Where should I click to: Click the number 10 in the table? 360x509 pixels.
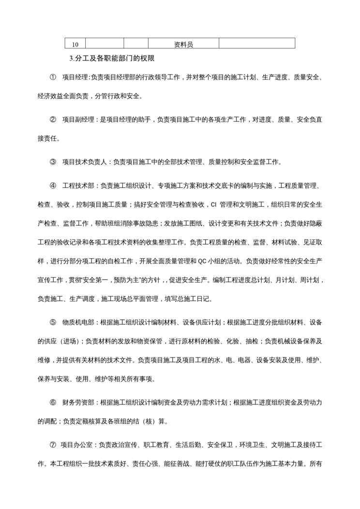tap(75, 45)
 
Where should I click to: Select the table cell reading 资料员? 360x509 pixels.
tap(183, 45)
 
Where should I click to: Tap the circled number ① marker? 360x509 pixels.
tap(53, 77)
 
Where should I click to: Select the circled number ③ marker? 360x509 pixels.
tap(53, 162)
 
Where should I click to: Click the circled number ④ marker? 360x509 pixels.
tap(53, 186)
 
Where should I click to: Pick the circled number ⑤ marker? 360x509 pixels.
tap(53, 322)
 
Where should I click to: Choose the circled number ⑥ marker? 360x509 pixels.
tap(53, 402)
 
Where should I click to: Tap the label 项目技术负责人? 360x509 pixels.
tap(86, 162)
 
